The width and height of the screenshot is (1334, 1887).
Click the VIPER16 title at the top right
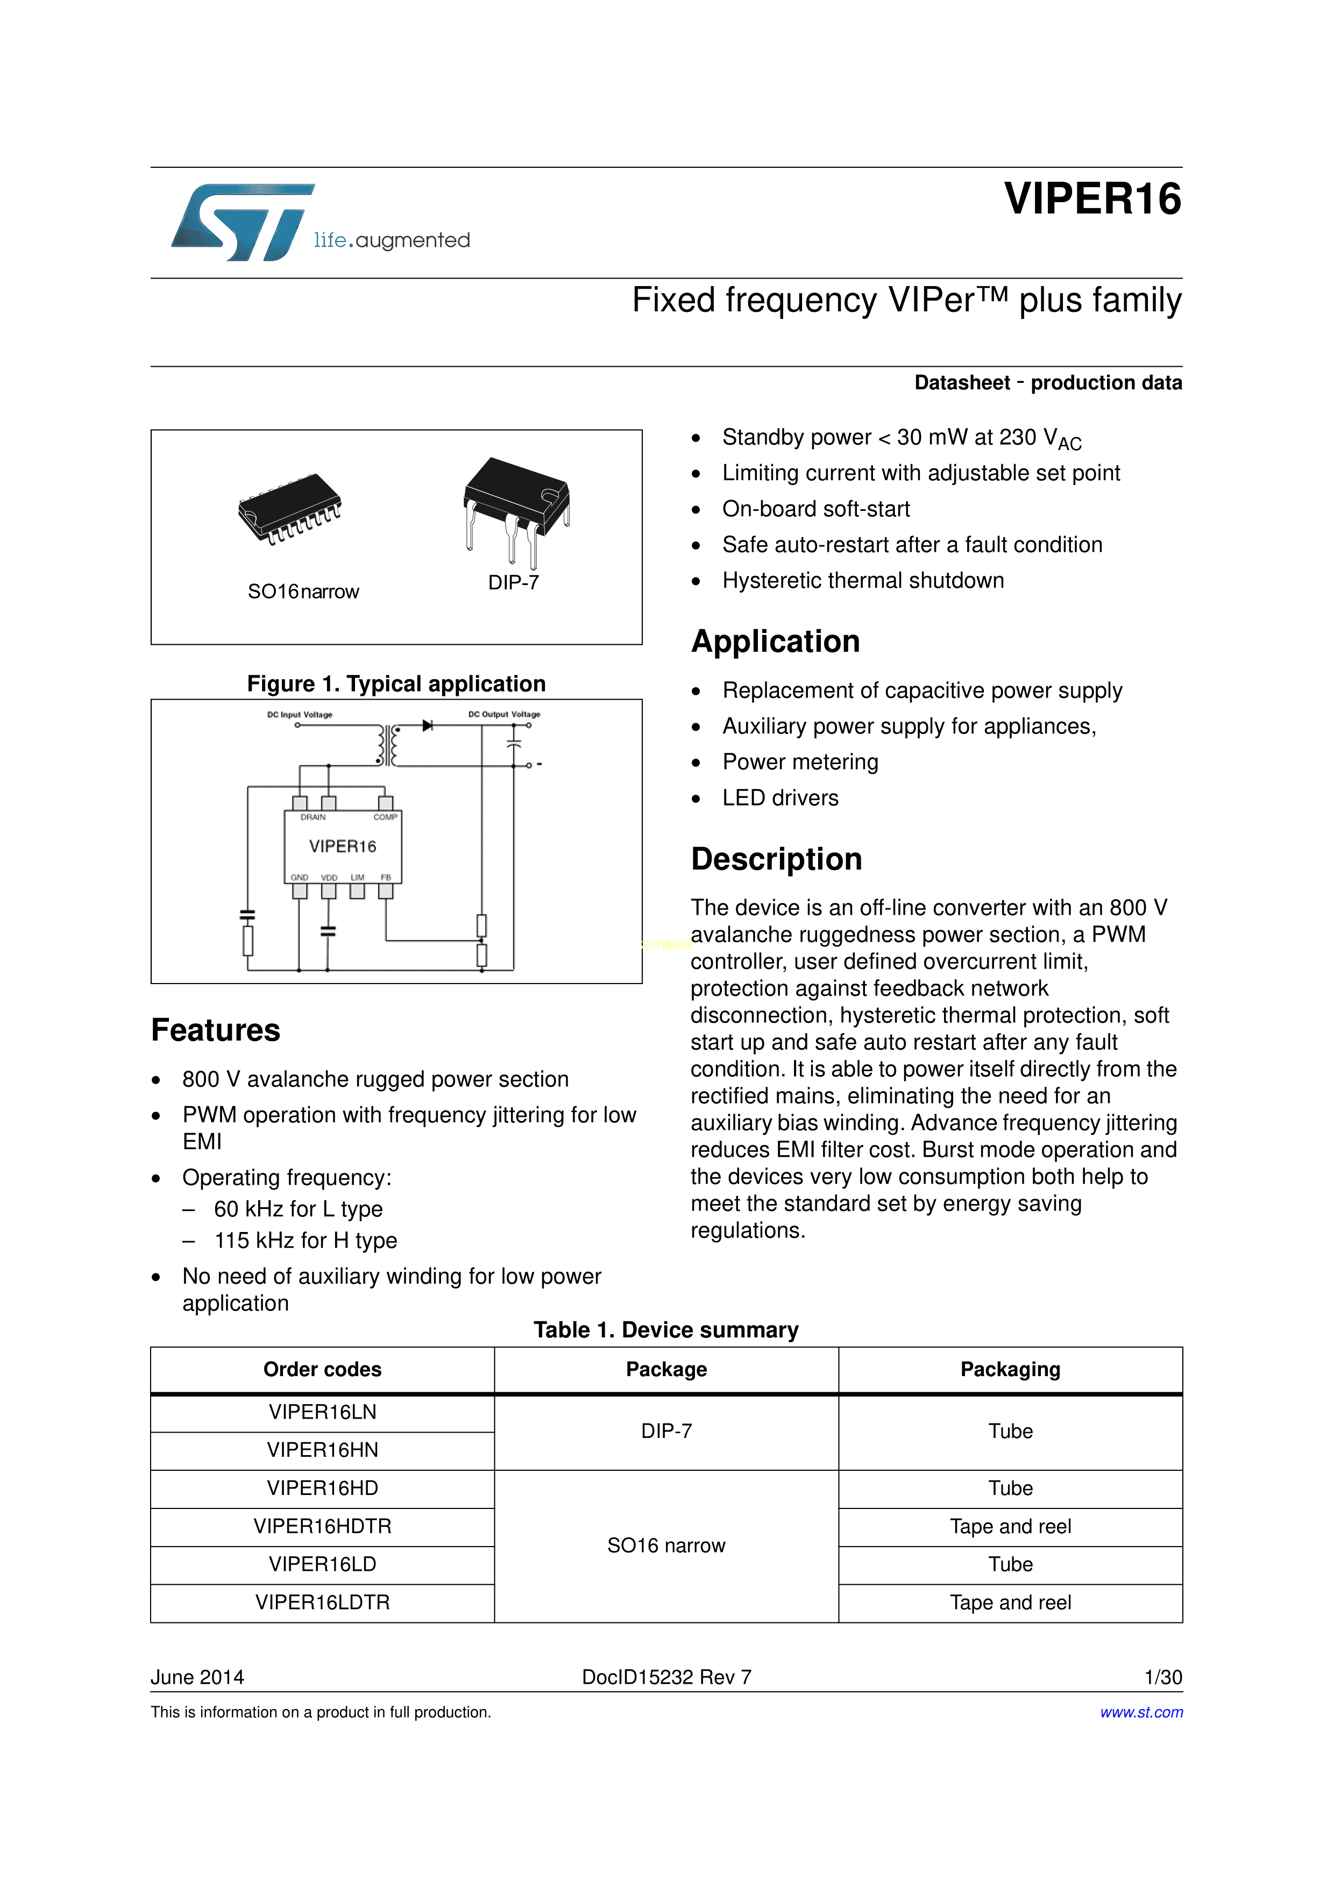[1092, 199]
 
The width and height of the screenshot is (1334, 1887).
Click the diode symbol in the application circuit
[428, 725]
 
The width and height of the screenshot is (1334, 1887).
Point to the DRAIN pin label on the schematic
[313, 817]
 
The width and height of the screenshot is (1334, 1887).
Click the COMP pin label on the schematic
[386, 817]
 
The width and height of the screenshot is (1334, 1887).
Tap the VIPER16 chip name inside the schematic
[343, 846]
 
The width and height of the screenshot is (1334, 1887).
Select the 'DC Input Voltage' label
[300, 714]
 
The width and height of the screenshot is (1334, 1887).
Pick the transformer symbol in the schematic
[388, 745]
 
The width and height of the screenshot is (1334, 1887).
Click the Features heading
[215, 1030]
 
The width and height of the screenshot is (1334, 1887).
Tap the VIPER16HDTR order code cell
[322, 1526]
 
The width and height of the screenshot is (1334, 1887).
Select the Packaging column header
[1010, 1369]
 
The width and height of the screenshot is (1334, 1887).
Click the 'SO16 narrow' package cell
[666, 1546]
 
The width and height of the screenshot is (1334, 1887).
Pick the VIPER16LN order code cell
[322, 1412]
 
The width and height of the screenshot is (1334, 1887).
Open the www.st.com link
[1141, 1712]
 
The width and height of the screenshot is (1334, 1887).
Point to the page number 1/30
[1163, 1677]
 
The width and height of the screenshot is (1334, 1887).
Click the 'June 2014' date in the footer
[197, 1677]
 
